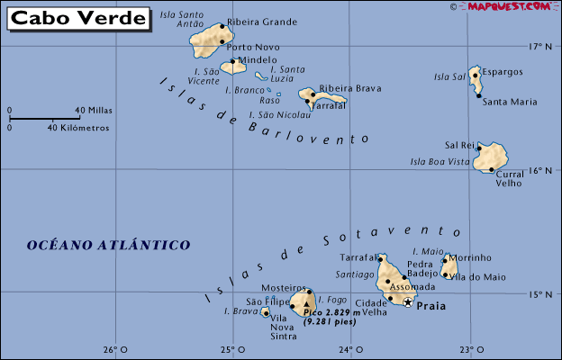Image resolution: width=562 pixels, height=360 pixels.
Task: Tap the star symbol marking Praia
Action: (x=408, y=302)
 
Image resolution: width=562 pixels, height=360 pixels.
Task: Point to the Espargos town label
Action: (x=503, y=71)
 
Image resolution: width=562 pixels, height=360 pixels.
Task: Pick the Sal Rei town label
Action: (x=460, y=144)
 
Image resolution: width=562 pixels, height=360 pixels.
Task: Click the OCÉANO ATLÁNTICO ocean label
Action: (x=108, y=244)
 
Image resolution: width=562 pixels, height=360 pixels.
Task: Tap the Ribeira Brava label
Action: (x=350, y=88)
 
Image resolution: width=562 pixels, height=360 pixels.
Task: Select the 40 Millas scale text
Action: (x=94, y=111)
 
